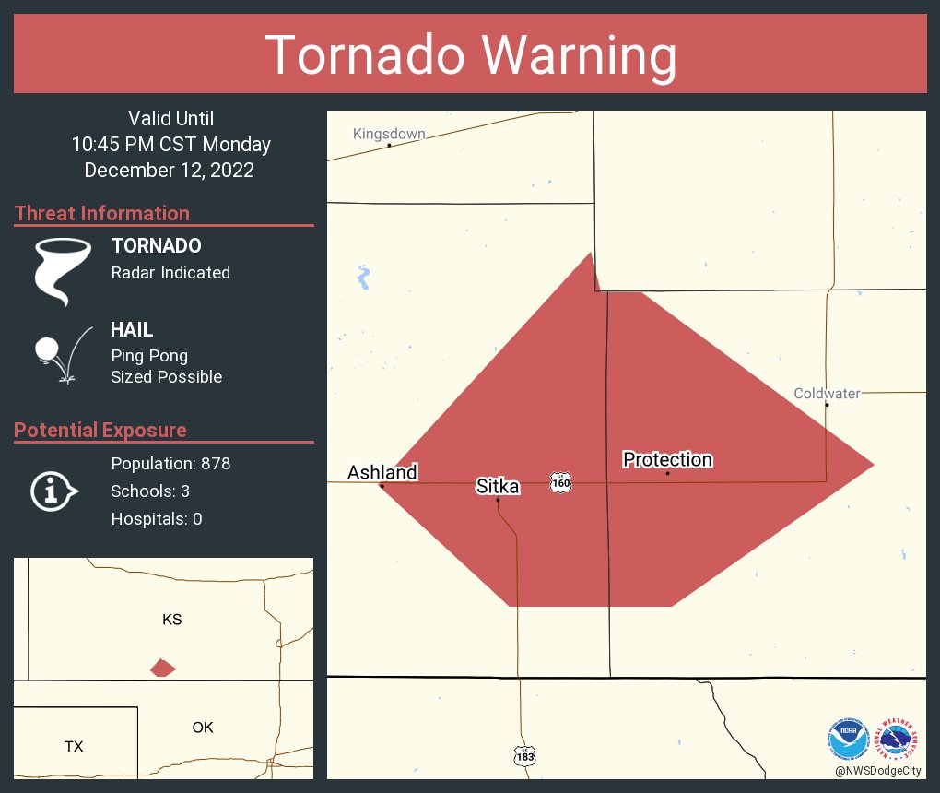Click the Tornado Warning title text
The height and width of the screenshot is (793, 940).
pos(470,55)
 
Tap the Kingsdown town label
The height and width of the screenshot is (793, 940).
pos(389,134)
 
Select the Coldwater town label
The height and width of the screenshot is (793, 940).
pos(827,394)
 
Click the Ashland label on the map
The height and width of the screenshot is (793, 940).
pos(382,472)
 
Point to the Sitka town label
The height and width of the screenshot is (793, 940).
pos(497,486)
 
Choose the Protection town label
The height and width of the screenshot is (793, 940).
pos(667,459)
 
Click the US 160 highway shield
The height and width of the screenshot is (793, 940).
pos(560,482)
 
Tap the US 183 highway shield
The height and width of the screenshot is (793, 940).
pos(524,755)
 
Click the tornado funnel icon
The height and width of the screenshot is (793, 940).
pos(63,271)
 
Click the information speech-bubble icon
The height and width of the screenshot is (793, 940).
pos(53,491)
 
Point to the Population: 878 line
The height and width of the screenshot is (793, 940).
pos(170,463)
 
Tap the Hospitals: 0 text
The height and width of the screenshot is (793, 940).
pos(157,519)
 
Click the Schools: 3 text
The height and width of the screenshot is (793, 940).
pos(150,491)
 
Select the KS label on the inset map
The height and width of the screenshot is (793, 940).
pos(171,620)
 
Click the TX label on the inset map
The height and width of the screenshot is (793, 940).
pos(74,746)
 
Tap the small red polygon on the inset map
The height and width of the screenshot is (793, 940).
pos(163,668)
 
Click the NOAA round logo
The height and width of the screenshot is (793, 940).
pos(848,738)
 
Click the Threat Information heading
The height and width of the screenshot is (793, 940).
pos(102,213)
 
